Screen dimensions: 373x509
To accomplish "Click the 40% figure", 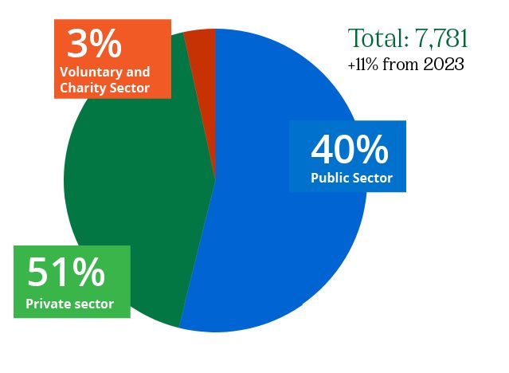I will click(349, 150).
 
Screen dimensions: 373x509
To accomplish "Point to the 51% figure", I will click(66, 273).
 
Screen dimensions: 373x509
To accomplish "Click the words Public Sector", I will click(351, 178).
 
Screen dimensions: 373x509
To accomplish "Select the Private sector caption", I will click(69, 304).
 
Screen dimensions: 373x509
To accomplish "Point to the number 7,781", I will click(437, 38).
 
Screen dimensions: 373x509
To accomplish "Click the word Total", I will click(374, 38).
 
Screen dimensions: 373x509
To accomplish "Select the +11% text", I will click(362, 65).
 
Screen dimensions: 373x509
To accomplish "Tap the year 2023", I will click(444, 65).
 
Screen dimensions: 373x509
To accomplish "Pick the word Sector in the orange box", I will click(127, 88).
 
